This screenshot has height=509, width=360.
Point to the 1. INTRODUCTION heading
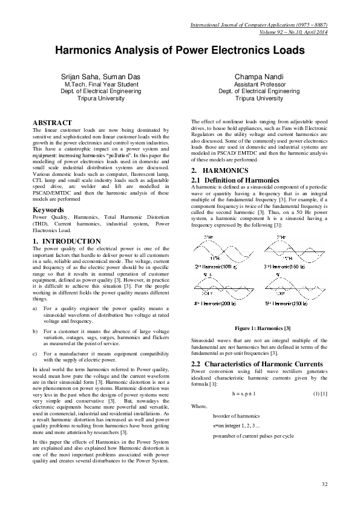[x=67, y=241]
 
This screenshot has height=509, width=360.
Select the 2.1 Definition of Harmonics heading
[x=235, y=180]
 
